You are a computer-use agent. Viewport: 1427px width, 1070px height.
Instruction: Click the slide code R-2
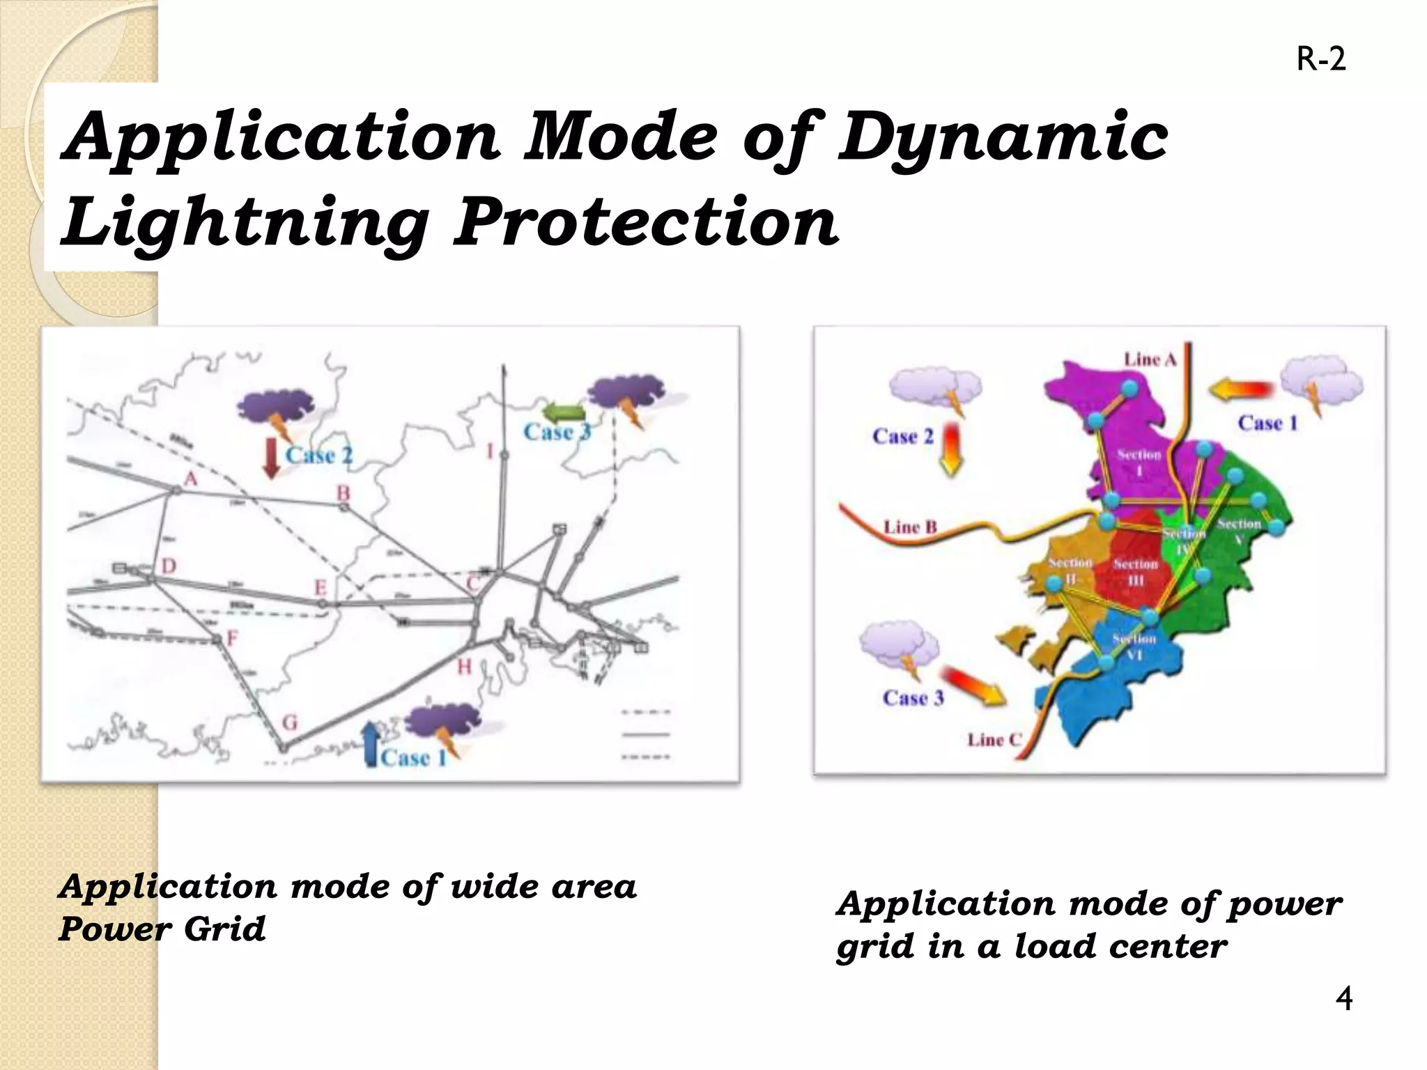[x=1320, y=60]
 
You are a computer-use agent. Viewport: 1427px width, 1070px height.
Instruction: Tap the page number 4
[x=1344, y=998]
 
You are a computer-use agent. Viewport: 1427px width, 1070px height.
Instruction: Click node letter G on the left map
[x=289, y=723]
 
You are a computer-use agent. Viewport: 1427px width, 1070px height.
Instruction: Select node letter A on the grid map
[x=190, y=479]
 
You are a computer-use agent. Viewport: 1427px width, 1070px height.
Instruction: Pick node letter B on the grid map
[x=344, y=493]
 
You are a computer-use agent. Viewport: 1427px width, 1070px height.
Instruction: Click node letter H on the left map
[x=464, y=667]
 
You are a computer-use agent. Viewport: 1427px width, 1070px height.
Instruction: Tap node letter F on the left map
[x=232, y=638]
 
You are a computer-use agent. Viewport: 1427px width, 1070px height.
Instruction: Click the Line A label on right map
[x=1150, y=359]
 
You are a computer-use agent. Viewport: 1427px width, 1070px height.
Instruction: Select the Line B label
[x=910, y=527]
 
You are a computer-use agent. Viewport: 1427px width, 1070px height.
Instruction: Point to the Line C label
[x=994, y=740]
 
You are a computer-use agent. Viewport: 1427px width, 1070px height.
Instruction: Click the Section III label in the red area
[x=1135, y=572]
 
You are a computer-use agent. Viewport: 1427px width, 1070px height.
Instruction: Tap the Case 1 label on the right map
[x=1267, y=424]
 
